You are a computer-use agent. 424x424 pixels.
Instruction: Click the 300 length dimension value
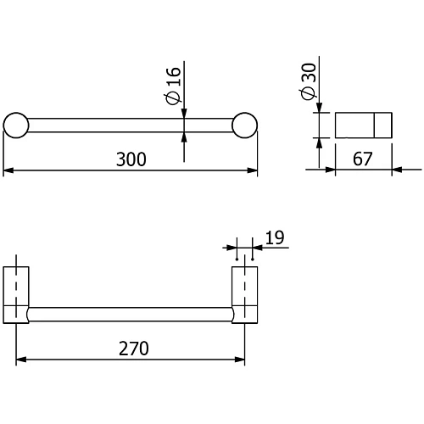[131, 159]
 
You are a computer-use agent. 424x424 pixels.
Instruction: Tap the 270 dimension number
[134, 349]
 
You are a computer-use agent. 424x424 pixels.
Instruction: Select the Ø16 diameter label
[173, 86]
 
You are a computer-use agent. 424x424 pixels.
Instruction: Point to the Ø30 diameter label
[308, 81]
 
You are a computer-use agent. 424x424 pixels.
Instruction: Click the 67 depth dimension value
[363, 159]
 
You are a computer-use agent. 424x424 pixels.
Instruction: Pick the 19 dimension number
[275, 237]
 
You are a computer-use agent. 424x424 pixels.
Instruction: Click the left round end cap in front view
[16, 126]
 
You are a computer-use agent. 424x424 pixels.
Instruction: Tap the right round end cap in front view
[244, 126]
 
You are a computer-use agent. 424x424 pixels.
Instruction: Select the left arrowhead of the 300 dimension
[8, 170]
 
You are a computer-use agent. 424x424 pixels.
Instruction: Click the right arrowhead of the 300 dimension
[252, 170]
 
